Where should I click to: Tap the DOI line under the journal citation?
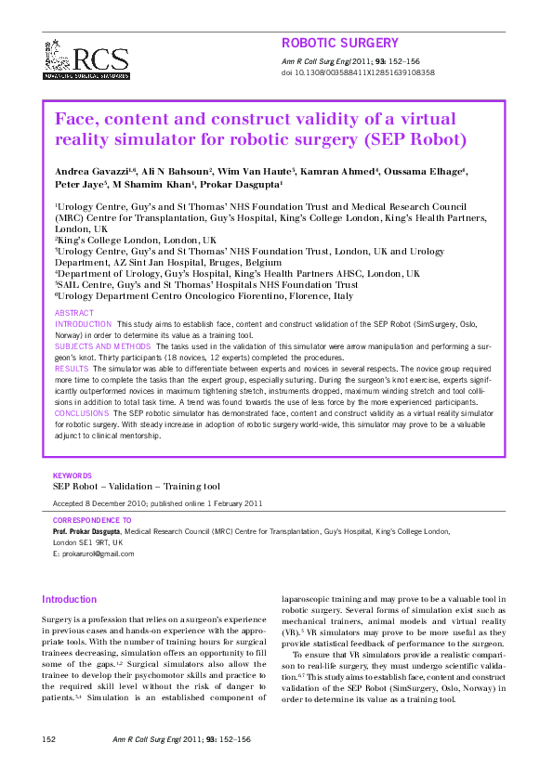(357, 72)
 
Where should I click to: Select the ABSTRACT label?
(74, 314)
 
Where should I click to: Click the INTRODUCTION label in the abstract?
(84, 324)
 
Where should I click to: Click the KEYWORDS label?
(72, 476)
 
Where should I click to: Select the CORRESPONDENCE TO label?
(92, 521)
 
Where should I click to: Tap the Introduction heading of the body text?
(70, 600)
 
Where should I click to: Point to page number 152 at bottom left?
(50, 739)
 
